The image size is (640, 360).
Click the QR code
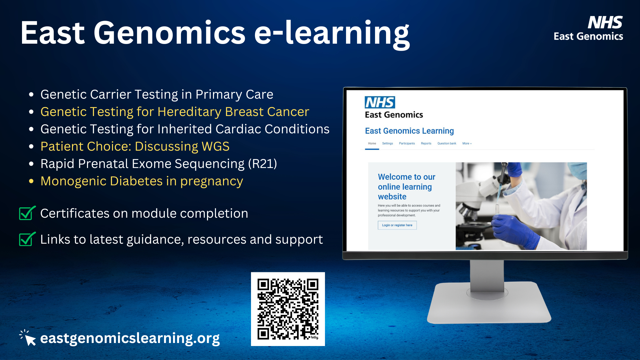[288, 309]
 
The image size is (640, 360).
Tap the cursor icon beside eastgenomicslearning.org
[28, 338]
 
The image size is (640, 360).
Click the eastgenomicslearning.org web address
[130, 338]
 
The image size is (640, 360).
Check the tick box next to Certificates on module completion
[27, 213]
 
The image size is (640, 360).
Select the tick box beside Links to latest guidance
[27, 239]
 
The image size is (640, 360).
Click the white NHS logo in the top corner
[605, 23]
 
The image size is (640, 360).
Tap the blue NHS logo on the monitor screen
[380, 102]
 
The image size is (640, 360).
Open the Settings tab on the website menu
[387, 143]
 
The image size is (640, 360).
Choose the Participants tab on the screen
[407, 143]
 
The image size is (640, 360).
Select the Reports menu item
[426, 143]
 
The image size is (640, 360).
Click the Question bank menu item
[447, 143]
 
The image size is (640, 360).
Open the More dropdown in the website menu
[467, 143]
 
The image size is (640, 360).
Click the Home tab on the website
[372, 143]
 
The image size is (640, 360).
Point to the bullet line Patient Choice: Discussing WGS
[135, 146]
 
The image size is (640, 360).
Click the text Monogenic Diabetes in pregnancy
[142, 181]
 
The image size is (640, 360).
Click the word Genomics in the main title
[170, 33]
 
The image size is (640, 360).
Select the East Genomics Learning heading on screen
[409, 131]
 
